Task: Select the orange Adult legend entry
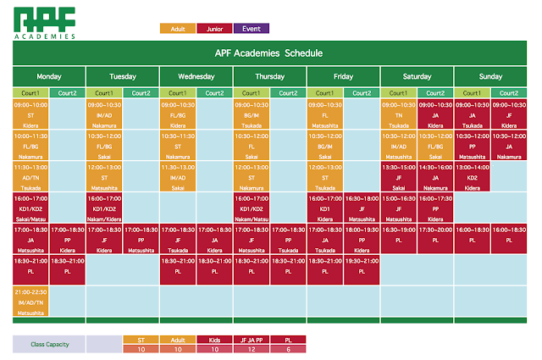click(x=178, y=29)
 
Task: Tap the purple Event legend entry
click(x=251, y=29)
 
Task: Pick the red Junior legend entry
click(x=214, y=29)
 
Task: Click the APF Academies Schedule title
click(x=268, y=53)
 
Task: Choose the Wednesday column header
click(x=196, y=76)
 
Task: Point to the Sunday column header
click(x=491, y=76)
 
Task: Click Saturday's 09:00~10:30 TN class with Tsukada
click(x=399, y=115)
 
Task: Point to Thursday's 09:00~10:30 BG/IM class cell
click(x=252, y=115)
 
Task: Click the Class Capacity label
click(x=49, y=344)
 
